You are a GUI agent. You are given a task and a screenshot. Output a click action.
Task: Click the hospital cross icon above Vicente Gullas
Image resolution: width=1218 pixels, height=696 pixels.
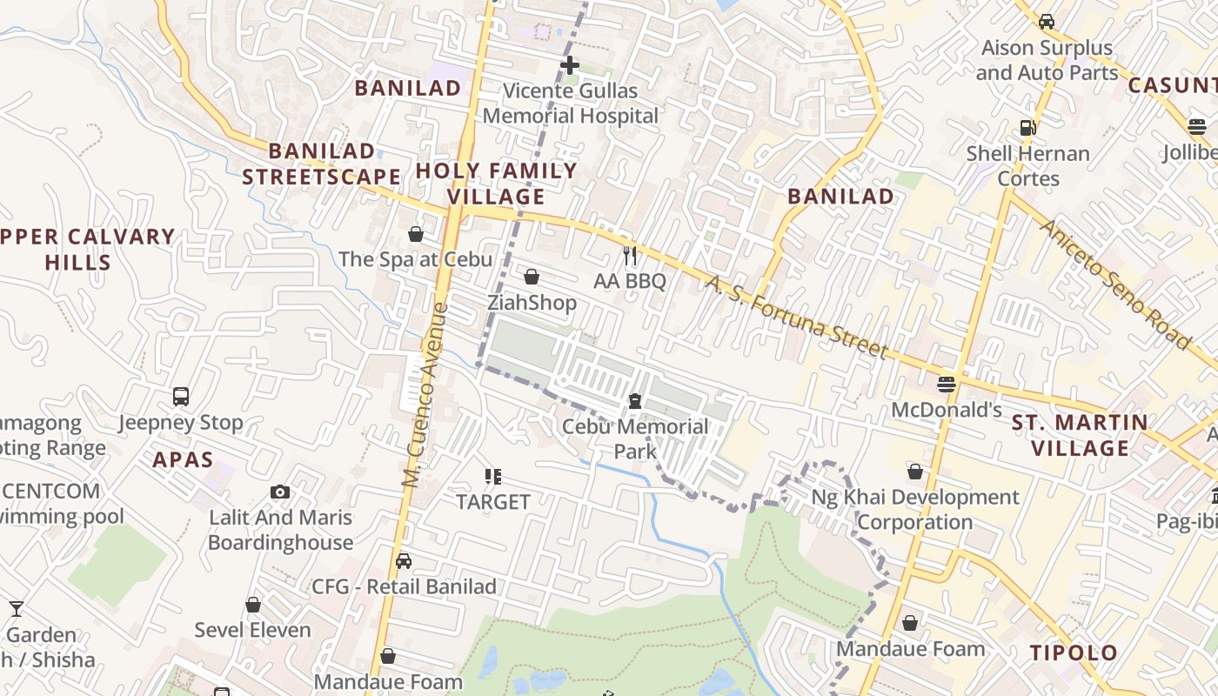570,65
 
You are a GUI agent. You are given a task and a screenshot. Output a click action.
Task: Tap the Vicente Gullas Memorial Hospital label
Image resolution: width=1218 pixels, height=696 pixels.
571,104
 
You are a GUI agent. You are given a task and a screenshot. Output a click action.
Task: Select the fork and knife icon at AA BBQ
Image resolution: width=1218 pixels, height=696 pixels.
631,256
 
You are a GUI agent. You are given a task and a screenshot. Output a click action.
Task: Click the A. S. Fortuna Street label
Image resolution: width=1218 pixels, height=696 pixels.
796,318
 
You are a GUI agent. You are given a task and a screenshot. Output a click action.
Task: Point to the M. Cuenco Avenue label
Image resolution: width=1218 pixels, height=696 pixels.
425,394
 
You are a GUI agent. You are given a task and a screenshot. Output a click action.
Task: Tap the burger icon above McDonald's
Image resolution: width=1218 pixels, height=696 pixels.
947,384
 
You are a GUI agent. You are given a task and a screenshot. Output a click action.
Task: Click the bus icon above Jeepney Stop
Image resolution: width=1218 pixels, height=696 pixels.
181,397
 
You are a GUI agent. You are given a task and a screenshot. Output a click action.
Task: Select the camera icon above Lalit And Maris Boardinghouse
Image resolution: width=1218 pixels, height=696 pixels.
280,492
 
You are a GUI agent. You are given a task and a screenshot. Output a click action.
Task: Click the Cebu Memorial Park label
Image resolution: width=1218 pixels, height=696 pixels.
635,438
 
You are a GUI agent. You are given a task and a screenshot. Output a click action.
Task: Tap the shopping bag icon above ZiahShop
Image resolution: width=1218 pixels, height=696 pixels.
532,277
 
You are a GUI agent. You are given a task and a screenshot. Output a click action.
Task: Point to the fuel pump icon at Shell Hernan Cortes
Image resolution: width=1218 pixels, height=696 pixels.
1028,128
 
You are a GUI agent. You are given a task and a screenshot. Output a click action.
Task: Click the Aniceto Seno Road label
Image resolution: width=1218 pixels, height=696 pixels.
1114,284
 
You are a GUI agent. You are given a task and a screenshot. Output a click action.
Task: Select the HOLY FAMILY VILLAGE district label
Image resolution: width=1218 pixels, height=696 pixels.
497,184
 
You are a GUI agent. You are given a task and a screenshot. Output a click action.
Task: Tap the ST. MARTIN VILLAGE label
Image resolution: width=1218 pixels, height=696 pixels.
1080,436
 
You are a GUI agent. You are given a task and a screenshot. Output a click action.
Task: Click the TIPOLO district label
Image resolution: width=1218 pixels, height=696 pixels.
1074,653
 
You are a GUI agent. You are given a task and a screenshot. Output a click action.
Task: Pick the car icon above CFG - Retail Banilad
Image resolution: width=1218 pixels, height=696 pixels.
403,561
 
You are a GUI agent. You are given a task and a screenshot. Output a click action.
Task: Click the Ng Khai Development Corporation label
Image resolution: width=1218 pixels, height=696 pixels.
914,510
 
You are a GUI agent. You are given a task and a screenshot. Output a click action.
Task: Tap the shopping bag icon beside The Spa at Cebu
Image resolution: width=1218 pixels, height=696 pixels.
416,234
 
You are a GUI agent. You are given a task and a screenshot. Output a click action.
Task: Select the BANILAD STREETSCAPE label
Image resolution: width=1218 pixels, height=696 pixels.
321,164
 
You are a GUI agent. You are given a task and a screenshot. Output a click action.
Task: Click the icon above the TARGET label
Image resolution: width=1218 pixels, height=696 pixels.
493,477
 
